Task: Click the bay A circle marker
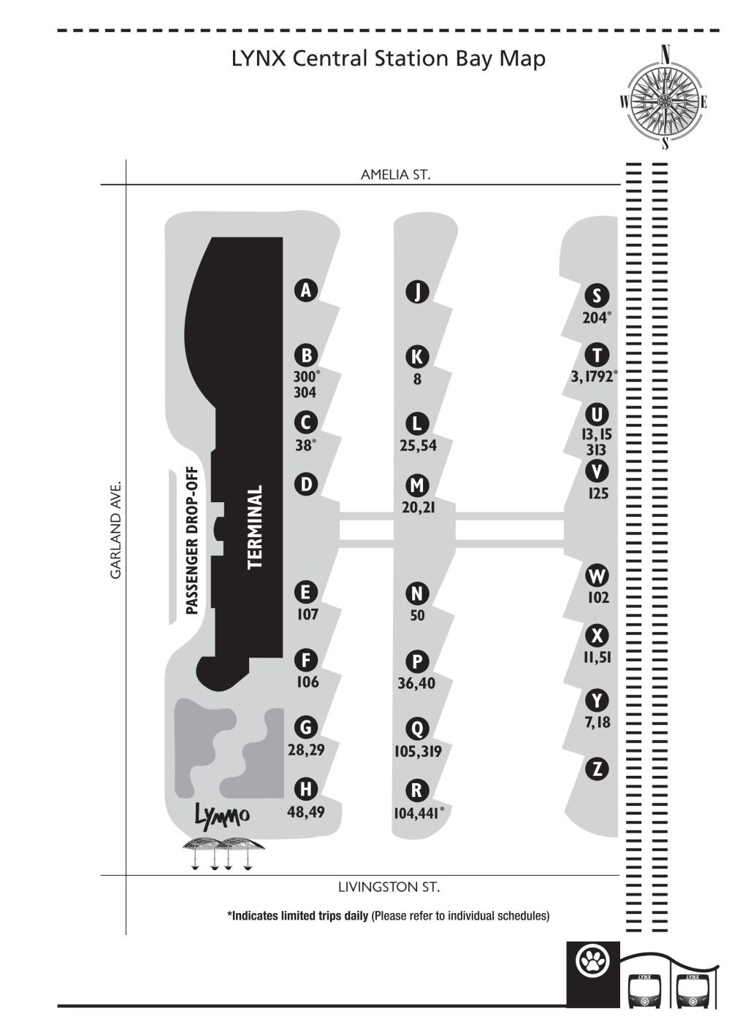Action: [x=305, y=291]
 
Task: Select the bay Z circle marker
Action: [x=598, y=769]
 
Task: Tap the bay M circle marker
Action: [x=417, y=485]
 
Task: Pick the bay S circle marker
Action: [x=597, y=296]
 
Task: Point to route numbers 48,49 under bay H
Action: [x=305, y=812]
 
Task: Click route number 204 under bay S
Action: [x=595, y=318]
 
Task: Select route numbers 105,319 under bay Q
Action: [x=418, y=751]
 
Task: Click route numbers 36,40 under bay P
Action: [x=416, y=683]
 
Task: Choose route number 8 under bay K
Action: [x=417, y=379]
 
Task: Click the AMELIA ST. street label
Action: [x=395, y=175]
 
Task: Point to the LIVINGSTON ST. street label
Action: [x=389, y=887]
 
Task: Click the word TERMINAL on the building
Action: [x=255, y=527]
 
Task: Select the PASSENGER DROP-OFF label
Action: [x=192, y=541]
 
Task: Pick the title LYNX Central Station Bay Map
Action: [x=389, y=60]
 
